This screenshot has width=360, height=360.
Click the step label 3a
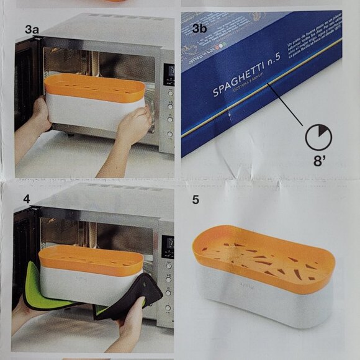tap(32, 29)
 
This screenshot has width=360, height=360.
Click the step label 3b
tap(199, 28)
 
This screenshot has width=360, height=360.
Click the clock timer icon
tap(319, 136)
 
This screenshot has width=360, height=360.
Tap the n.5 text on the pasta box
tap(277, 73)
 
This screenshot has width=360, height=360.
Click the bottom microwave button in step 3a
tap(169, 134)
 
